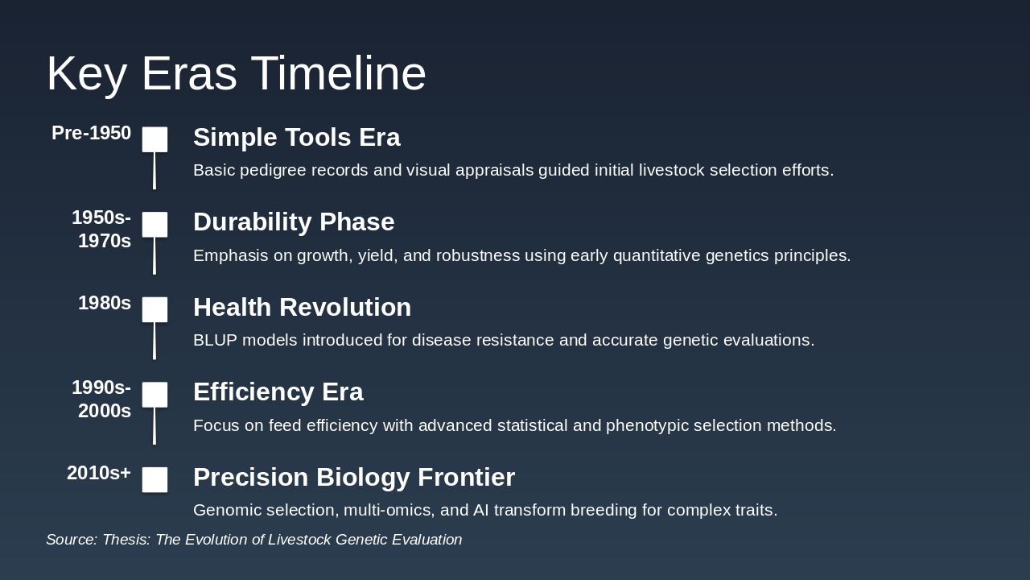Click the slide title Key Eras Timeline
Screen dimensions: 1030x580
pyautogui.click(x=237, y=74)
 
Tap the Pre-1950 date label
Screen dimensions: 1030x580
pyautogui.click(x=92, y=133)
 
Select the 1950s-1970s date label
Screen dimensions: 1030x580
pyautogui.click(x=101, y=230)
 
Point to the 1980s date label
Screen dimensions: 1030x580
pyautogui.click(x=105, y=303)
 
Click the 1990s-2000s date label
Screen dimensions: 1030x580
pyautogui.click(x=101, y=399)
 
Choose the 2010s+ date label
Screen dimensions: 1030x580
pyautogui.click(x=99, y=473)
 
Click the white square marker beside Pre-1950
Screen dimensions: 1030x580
pyautogui.click(x=154, y=139)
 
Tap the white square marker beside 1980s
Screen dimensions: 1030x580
pyautogui.click(x=154, y=309)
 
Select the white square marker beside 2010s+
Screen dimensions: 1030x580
pyautogui.click(x=154, y=479)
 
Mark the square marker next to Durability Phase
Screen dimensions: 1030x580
pyautogui.click(x=154, y=225)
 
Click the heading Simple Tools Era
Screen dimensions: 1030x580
pyautogui.click(x=297, y=137)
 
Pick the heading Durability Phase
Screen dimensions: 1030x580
pyautogui.click(x=294, y=222)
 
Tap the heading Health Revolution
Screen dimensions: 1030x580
pyautogui.click(x=302, y=307)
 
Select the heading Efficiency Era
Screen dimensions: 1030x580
pyautogui.click(x=278, y=392)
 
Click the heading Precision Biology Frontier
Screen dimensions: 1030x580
pyautogui.click(x=354, y=478)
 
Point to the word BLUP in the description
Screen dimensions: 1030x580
pyautogui.click(x=215, y=340)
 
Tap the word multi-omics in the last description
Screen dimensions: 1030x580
pyautogui.click(x=389, y=511)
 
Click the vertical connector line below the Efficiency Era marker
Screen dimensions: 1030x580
pyautogui.click(x=154, y=426)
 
